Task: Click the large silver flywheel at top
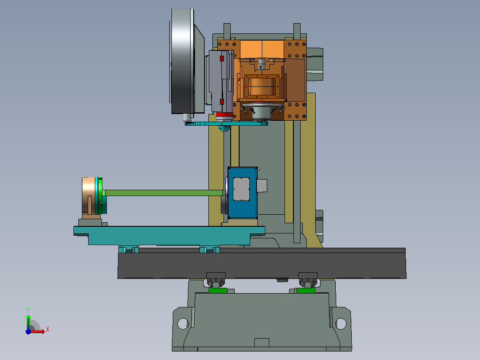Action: click(182, 61)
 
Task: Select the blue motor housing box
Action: click(242, 193)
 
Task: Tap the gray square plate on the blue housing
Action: click(241, 189)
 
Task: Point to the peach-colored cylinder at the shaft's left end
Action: click(89, 196)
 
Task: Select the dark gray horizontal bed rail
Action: click(262, 263)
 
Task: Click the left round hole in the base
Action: click(183, 323)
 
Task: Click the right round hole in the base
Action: click(341, 323)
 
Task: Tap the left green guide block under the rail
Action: click(218, 290)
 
